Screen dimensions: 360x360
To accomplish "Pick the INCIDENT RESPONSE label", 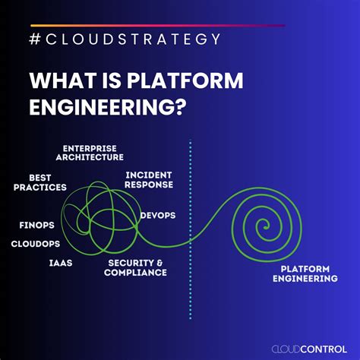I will (x=150, y=178).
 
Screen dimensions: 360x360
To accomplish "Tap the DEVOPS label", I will (x=158, y=215).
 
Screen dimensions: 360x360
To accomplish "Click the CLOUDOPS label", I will (x=36, y=244).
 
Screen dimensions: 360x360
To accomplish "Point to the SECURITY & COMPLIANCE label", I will (x=137, y=267).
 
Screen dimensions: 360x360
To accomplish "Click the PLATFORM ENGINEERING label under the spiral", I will (x=305, y=273).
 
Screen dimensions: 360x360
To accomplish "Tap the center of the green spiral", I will (x=264, y=223).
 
